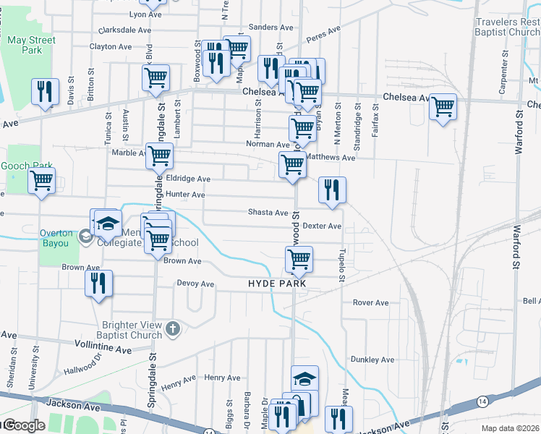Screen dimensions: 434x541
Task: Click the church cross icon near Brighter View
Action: coord(172,330)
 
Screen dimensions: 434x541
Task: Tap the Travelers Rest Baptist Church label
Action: coord(507,27)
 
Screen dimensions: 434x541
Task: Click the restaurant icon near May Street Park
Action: coord(45,92)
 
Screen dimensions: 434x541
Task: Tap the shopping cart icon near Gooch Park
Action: coord(42,180)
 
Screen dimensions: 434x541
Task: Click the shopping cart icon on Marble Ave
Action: coord(159,155)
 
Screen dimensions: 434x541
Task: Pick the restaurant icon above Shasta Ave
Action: coord(332,190)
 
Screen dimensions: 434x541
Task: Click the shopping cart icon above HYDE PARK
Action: coord(298,259)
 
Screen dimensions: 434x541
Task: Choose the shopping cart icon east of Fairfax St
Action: coord(443,107)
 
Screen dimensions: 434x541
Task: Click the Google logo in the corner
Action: coord(24,425)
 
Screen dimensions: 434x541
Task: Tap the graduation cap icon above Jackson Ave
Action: coord(304,379)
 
